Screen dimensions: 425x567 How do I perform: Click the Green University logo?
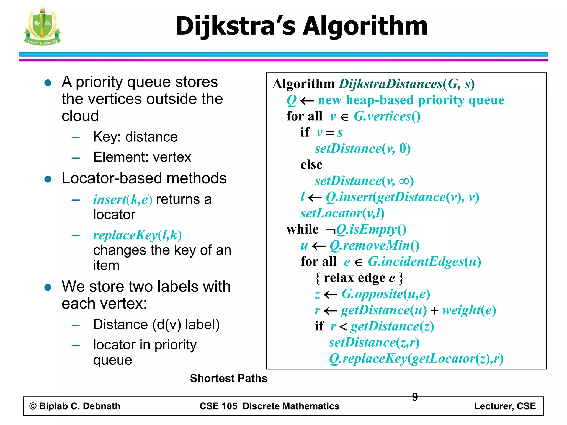(42, 26)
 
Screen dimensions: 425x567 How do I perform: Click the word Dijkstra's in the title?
(236, 26)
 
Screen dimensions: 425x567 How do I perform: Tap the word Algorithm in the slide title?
(365, 26)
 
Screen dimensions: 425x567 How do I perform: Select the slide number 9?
(415, 397)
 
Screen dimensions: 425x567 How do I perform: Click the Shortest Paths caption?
(228, 378)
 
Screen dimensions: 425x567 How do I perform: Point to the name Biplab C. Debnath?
(80, 406)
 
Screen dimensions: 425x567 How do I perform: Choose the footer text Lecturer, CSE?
(505, 406)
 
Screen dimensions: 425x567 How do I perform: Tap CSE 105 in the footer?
(218, 406)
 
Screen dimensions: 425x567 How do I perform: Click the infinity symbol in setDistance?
(404, 181)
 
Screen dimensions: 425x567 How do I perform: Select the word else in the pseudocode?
(311, 165)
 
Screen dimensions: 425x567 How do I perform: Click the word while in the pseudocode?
(302, 229)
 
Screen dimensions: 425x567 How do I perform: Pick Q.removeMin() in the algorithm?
(374, 245)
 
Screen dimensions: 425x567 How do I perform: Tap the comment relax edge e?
(359, 278)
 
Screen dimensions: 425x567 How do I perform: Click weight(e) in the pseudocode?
(469, 310)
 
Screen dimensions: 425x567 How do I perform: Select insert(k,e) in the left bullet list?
(123, 199)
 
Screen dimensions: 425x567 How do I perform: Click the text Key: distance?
(135, 137)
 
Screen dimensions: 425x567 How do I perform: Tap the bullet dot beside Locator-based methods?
(48, 179)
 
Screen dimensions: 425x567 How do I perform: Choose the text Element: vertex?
(142, 157)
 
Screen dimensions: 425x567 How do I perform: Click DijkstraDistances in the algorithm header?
(391, 84)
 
